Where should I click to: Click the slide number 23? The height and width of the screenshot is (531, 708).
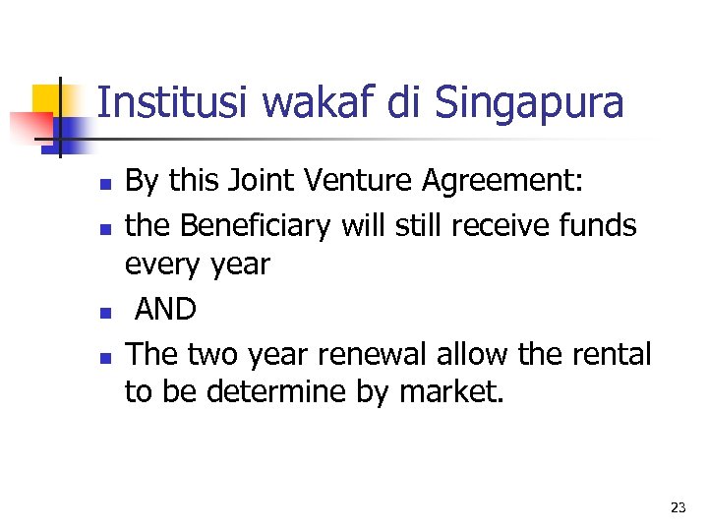678,507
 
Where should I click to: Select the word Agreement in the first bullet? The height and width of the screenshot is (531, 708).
516,182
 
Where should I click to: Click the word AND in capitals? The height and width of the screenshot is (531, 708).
165,310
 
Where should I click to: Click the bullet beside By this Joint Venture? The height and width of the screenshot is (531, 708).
113,184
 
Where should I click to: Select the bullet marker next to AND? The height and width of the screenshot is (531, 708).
113,313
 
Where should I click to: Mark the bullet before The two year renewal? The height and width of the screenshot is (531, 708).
113,357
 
